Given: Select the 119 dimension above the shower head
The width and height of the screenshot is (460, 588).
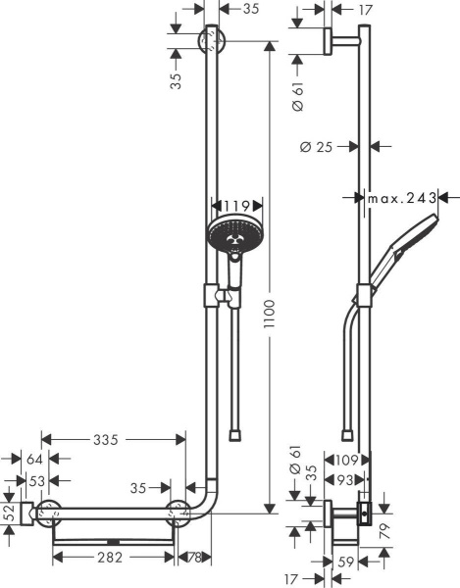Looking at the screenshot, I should coord(236,207).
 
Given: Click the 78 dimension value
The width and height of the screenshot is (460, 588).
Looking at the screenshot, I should coord(194,559).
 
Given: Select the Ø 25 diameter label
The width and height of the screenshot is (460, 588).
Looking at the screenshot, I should coord(318,147).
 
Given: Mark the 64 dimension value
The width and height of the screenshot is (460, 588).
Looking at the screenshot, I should coord(34,458).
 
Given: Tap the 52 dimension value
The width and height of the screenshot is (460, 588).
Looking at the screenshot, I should coord(10,511).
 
